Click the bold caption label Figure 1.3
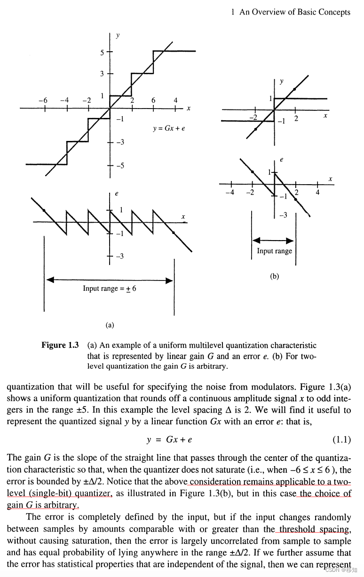pos(60,345)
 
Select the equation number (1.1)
pos(341,440)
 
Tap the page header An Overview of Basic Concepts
pos(294,12)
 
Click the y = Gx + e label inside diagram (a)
pos(169,128)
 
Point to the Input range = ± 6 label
pos(110,288)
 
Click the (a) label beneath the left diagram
pos(110,325)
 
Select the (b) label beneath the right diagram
pos(275,276)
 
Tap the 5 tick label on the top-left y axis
pos(102,52)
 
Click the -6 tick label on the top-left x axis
pos(43,100)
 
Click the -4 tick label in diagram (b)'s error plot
pos(229,192)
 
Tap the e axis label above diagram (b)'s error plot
pos(281,160)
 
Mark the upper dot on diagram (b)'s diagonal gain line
pos(294,89)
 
